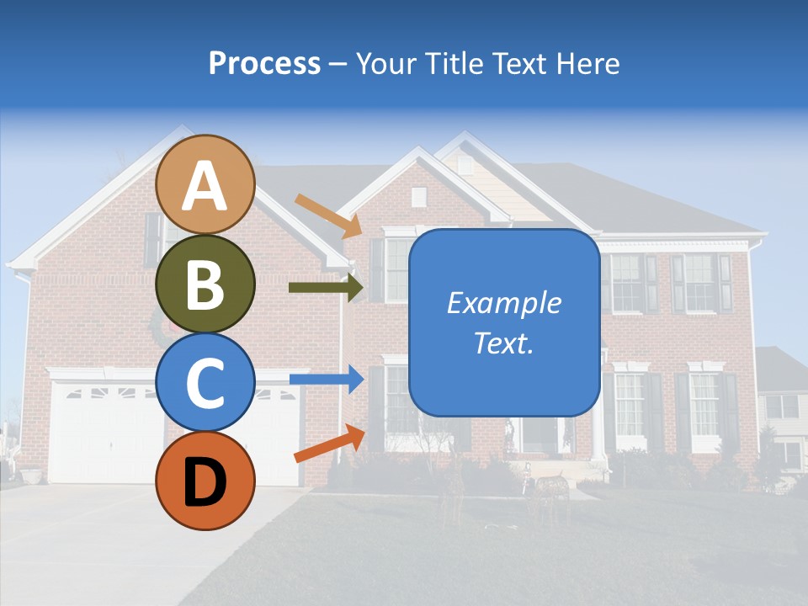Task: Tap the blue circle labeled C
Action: [x=205, y=382]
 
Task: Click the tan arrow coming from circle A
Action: [x=328, y=215]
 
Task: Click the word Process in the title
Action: [x=264, y=63]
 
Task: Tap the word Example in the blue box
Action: [x=503, y=303]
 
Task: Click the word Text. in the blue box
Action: [x=503, y=343]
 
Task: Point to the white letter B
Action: [x=205, y=285]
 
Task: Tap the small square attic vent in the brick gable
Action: [x=418, y=197]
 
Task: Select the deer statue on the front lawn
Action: [x=551, y=486]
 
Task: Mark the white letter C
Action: [x=205, y=384]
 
